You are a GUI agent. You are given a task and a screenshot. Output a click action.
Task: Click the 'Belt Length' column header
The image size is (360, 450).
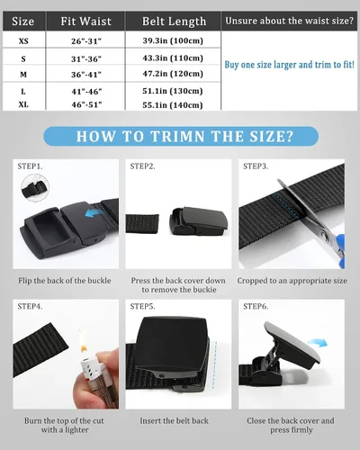click(x=174, y=22)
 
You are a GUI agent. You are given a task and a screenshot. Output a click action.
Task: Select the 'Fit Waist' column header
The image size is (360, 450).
click(x=86, y=22)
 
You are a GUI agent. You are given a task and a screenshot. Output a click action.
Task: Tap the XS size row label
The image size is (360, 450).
click(x=23, y=41)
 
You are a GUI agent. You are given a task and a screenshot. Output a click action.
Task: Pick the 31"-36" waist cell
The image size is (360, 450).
click(x=86, y=58)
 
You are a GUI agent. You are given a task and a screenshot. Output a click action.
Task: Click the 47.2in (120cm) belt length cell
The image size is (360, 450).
click(x=173, y=74)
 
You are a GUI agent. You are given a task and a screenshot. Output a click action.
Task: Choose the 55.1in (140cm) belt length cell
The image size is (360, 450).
click(x=173, y=105)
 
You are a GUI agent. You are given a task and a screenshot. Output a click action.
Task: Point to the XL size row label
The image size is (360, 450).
click(x=23, y=104)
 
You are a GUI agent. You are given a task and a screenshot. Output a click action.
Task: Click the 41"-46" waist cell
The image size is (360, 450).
click(x=86, y=91)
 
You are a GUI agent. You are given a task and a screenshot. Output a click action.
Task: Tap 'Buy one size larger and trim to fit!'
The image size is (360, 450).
click(x=290, y=65)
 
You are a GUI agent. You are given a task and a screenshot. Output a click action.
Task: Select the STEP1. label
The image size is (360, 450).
click(x=30, y=166)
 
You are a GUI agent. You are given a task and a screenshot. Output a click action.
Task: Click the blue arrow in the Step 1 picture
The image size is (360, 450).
click(x=94, y=214)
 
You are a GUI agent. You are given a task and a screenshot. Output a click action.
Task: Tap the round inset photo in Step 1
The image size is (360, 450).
click(x=35, y=188)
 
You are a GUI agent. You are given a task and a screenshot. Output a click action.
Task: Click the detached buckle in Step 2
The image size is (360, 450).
click(x=198, y=221)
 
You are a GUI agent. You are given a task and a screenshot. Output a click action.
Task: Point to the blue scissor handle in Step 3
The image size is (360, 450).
click(x=340, y=250)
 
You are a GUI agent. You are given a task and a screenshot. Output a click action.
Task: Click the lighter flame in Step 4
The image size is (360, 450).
click(x=82, y=341)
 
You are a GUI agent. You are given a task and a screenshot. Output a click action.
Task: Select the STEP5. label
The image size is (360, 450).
click(x=142, y=307)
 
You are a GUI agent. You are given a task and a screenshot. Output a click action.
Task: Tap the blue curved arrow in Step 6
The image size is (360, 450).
click(x=318, y=343)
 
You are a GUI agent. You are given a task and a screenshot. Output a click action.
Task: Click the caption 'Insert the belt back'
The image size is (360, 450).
click(x=174, y=421)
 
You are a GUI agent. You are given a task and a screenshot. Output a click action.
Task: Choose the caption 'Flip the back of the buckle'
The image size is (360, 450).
click(x=65, y=281)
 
